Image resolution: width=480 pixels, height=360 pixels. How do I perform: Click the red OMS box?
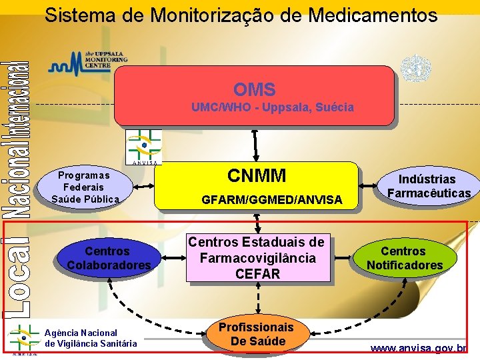click(x=254, y=95)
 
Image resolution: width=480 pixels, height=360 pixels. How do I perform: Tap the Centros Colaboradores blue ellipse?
click(x=108, y=258)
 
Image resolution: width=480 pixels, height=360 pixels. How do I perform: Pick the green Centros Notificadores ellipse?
click(x=403, y=258)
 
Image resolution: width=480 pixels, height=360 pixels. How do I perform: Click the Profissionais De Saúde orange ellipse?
click(x=257, y=334)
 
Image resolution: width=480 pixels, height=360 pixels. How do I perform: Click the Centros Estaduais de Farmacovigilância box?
click(x=257, y=257)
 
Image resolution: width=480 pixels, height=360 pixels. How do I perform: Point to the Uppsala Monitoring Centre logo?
click(x=88, y=61)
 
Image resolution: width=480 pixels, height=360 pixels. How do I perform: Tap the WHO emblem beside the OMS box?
click(x=415, y=69)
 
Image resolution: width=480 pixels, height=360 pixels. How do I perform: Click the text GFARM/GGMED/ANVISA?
click(x=271, y=199)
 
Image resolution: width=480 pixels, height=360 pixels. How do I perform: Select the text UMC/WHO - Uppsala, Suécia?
click(x=272, y=107)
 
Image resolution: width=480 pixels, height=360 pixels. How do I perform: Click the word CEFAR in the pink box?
click(x=257, y=273)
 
